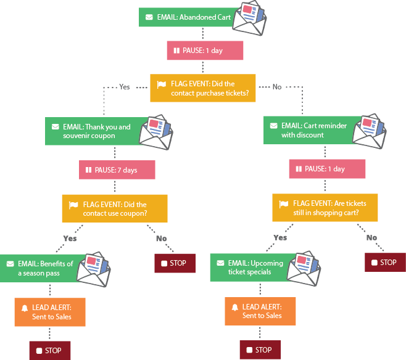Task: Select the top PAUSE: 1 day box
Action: click(205, 51)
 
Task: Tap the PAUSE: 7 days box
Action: click(117, 170)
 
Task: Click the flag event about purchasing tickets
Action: click(202, 88)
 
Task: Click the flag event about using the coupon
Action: click(114, 209)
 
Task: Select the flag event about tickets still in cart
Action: click(325, 208)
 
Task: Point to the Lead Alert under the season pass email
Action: click(49, 312)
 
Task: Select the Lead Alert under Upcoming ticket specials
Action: click(260, 311)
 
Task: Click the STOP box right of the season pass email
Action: click(175, 263)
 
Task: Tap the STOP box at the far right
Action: click(385, 263)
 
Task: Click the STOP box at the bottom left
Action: click(50, 350)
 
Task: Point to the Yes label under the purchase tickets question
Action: click(125, 88)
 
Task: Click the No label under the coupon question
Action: click(162, 238)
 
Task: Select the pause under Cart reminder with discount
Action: click(327, 169)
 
